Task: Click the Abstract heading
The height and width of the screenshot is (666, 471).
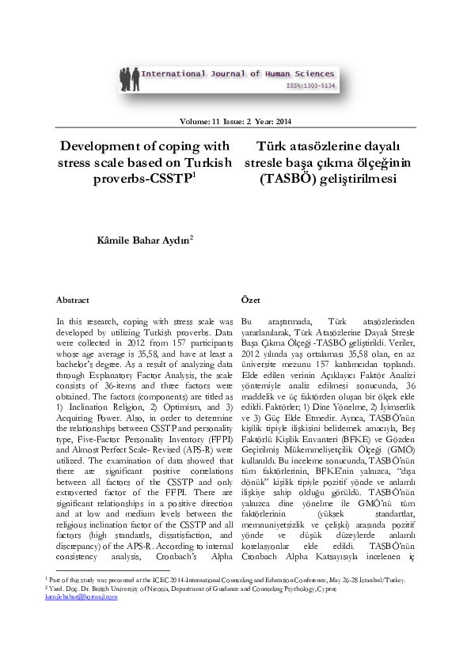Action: (73, 301)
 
